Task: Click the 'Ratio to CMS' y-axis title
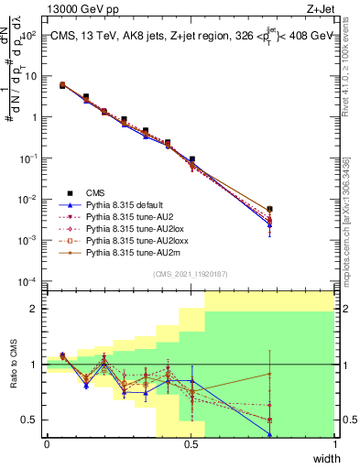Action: [x=12, y=365]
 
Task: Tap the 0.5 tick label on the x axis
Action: [x=191, y=445]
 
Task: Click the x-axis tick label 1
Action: [x=335, y=445]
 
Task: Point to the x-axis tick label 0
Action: [x=47, y=445]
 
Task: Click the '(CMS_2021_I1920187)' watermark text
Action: [x=191, y=273]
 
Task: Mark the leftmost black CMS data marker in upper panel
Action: [x=62, y=84]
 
